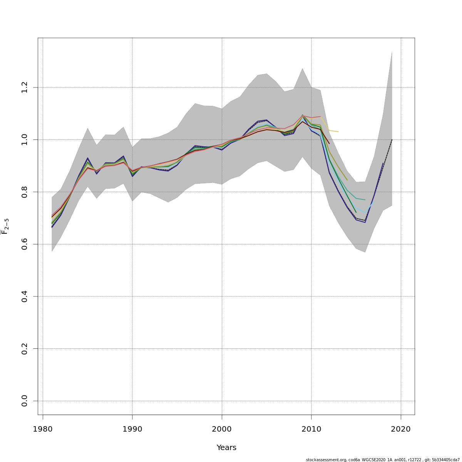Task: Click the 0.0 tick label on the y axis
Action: (25, 401)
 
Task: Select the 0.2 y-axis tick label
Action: (25, 348)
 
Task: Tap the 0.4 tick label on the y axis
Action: (25, 296)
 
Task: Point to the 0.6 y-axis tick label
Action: (25, 244)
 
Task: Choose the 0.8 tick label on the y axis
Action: (25, 192)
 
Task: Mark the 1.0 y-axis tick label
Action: (25, 139)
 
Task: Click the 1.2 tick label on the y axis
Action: (25, 87)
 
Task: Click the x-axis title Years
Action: (226, 448)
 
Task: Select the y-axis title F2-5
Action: (5, 226)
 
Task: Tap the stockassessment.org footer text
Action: (383, 460)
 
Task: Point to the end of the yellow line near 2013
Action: (338, 132)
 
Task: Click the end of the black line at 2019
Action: (392, 140)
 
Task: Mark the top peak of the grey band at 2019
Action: (392, 51)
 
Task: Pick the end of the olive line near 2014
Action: (347, 180)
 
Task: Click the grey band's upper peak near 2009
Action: (302, 69)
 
